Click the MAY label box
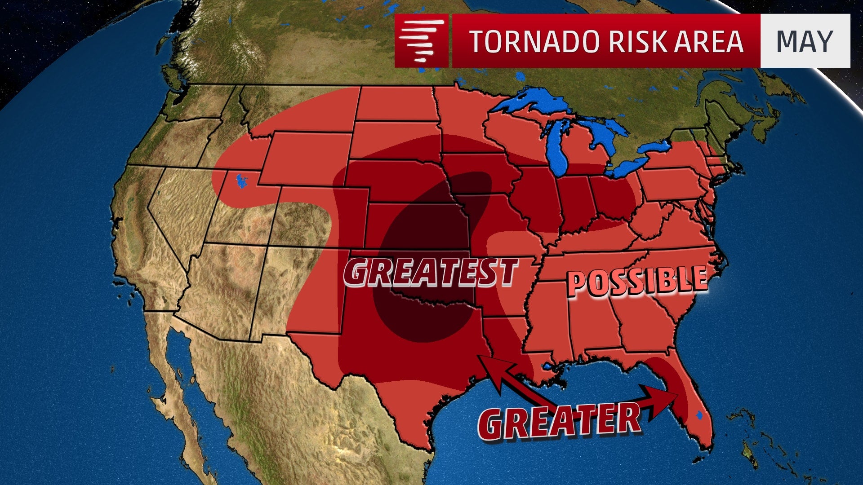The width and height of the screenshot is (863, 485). tap(805, 41)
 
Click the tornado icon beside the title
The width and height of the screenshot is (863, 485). tap(421, 41)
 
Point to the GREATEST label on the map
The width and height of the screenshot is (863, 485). tap(431, 272)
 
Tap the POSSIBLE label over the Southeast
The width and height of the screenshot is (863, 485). tap(636, 281)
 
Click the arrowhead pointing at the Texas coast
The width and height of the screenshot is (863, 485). tap(488, 364)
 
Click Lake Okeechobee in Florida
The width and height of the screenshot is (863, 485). tap(698, 416)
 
